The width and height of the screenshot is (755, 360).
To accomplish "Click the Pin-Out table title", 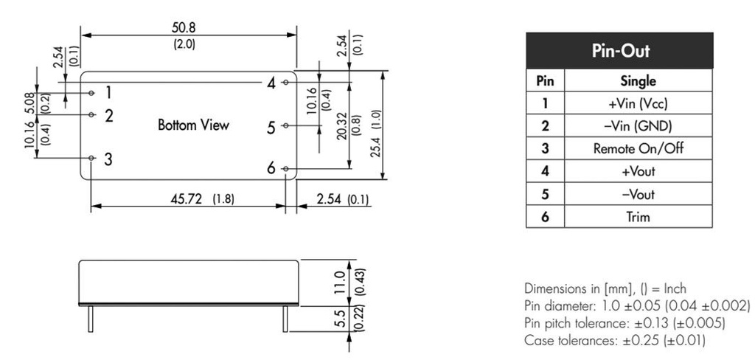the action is pyautogui.click(x=619, y=50).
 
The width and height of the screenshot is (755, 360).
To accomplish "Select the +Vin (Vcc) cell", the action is pyautogui.click(x=638, y=103).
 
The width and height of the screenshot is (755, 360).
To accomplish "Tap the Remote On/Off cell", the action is pyautogui.click(x=638, y=148).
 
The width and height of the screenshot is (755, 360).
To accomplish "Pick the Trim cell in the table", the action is pyautogui.click(x=638, y=216).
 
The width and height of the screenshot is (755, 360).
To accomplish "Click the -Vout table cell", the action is pyautogui.click(x=638, y=194).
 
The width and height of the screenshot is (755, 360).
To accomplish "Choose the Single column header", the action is pyautogui.click(x=638, y=80).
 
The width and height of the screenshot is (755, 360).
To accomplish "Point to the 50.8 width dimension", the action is pyautogui.click(x=184, y=27).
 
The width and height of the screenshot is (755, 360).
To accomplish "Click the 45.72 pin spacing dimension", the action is pyautogui.click(x=187, y=199).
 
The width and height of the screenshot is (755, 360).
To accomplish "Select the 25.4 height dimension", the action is pyautogui.click(x=375, y=140).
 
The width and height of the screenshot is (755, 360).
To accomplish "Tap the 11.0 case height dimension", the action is pyautogui.click(x=340, y=283).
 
